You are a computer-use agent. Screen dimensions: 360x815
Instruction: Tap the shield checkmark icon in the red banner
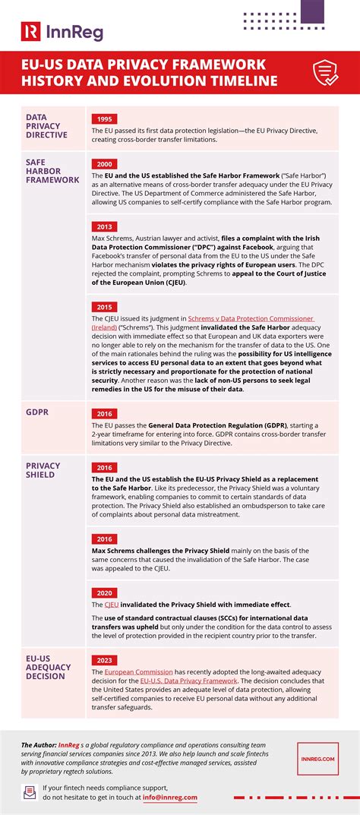(326, 73)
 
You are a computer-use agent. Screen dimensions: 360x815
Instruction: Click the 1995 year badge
(104, 119)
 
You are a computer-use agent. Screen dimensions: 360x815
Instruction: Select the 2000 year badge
(104, 164)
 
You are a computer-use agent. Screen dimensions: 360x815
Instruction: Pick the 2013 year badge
(104, 226)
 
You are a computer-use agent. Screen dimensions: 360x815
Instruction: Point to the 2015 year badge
(104, 306)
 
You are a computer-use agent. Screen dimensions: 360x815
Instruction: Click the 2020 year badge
(104, 592)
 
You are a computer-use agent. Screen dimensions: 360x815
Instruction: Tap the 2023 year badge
(104, 660)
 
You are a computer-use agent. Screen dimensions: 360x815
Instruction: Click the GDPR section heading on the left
(38, 412)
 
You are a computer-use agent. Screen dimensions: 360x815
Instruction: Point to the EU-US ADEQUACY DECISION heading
(47, 667)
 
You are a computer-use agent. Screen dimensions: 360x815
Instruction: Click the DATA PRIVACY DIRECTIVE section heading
(46, 126)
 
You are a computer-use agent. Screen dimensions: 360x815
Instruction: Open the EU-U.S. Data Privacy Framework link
(185, 681)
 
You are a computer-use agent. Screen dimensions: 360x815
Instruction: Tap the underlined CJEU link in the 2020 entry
(112, 605)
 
